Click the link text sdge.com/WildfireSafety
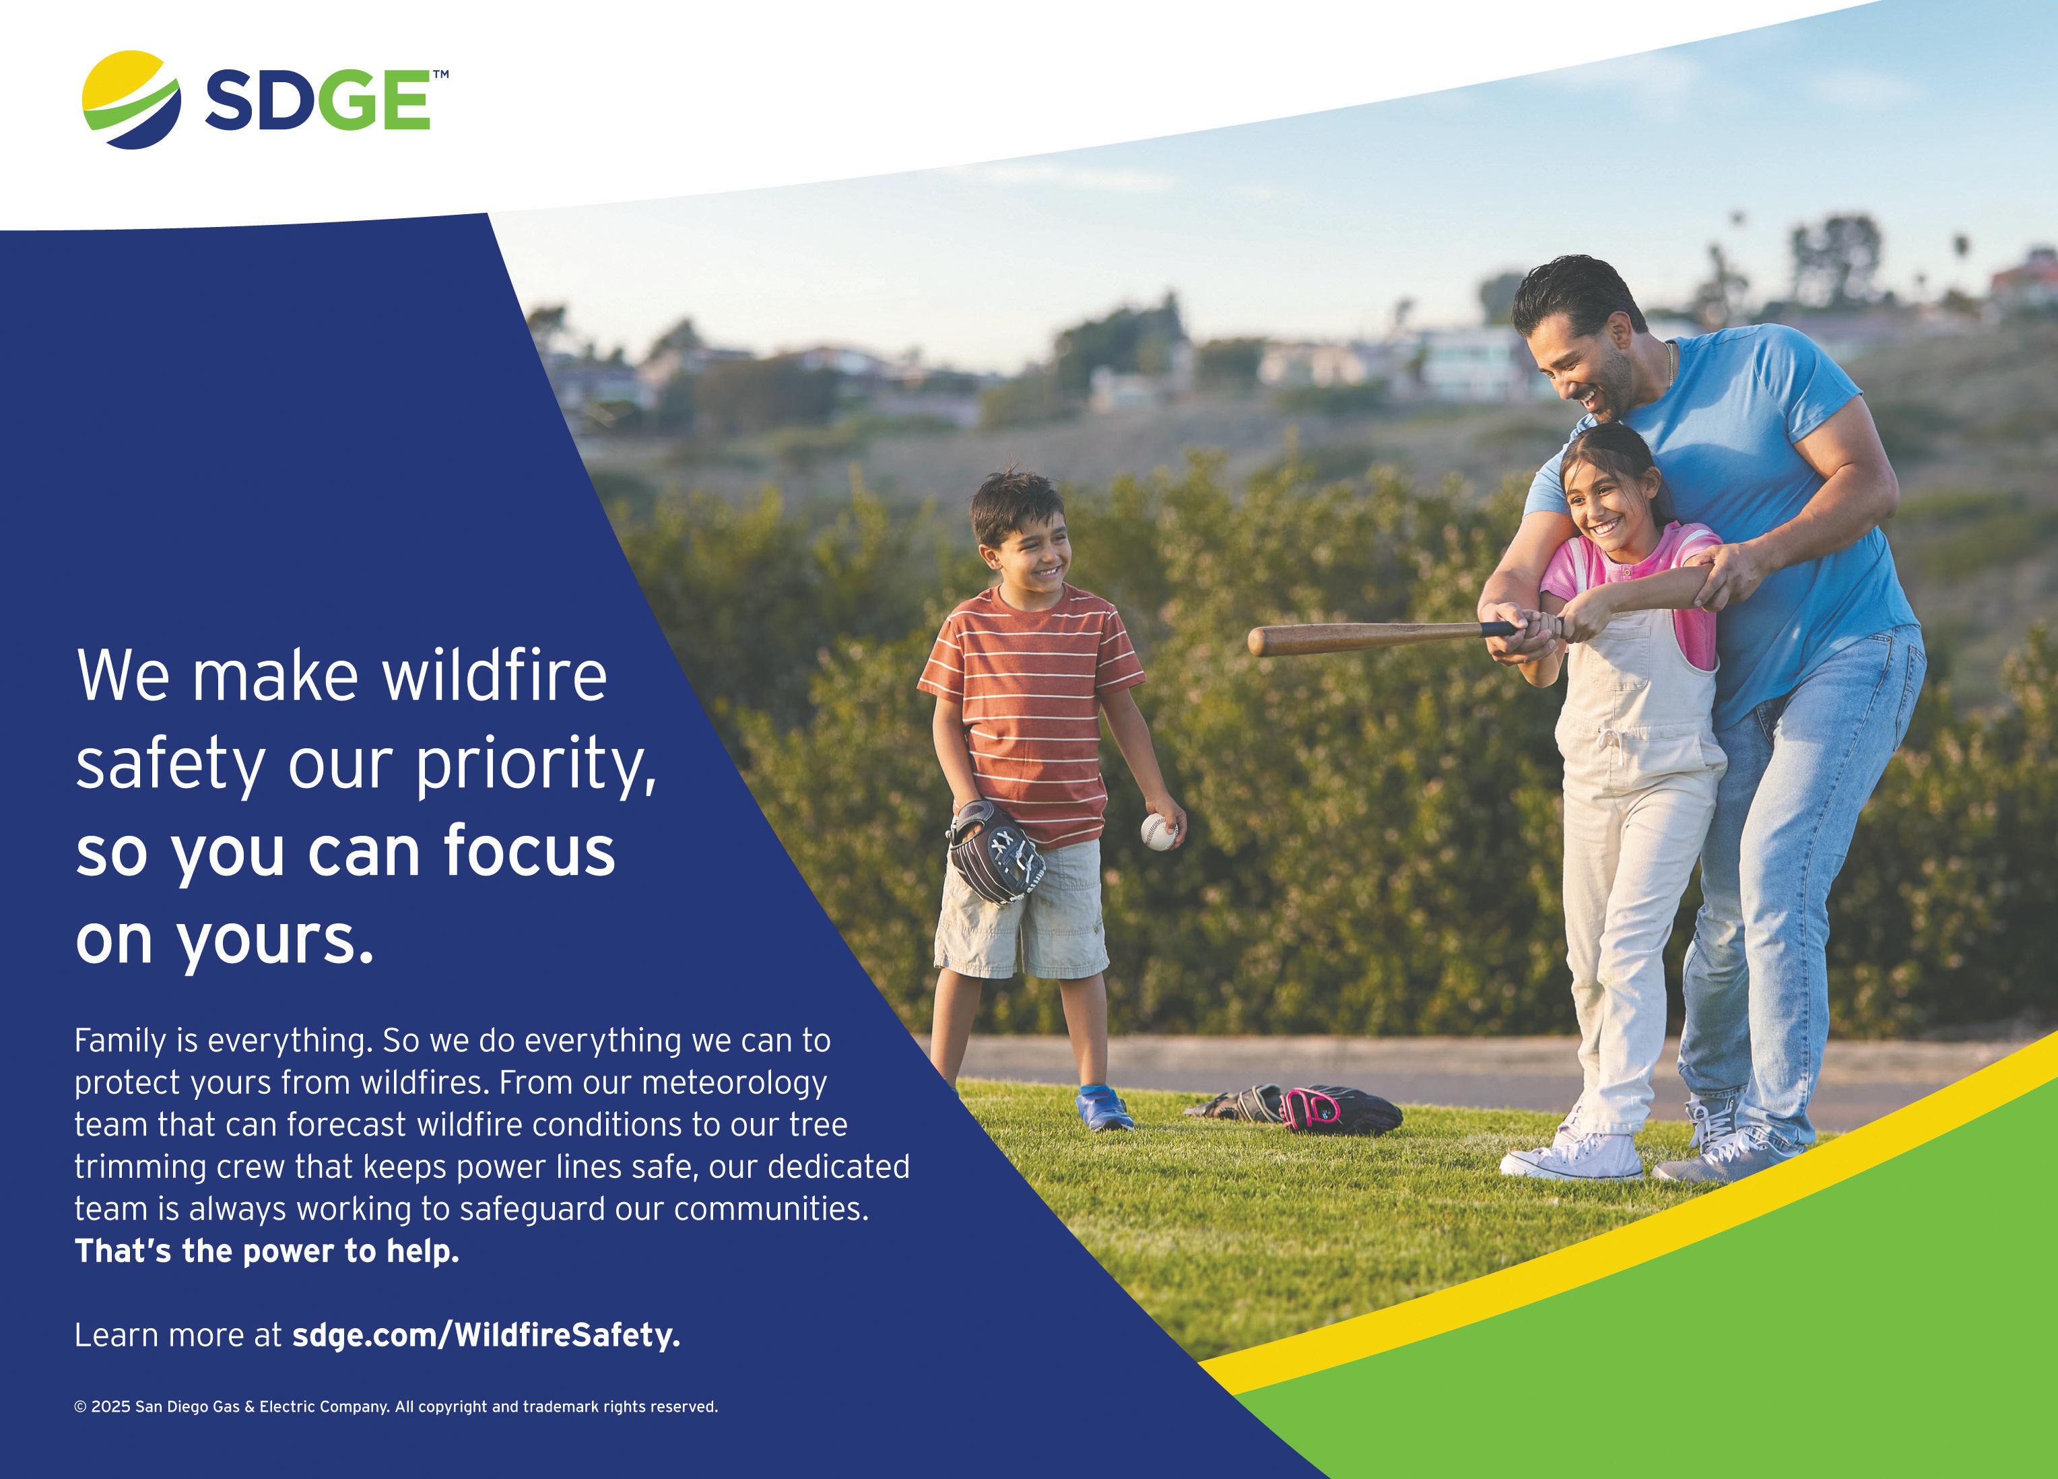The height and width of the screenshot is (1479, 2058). [x=486, y=1336]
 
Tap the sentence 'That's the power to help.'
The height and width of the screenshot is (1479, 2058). [x=267, y=1251]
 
